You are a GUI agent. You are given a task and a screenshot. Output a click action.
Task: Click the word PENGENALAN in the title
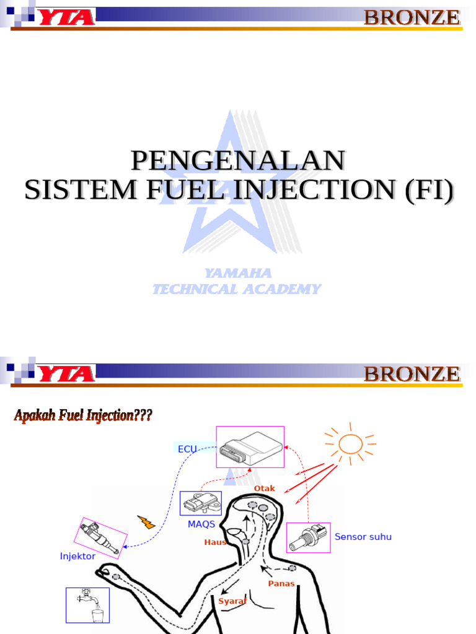[x=238, y=160]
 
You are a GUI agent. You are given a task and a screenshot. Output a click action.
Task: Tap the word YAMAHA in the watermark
[x=238, y=273]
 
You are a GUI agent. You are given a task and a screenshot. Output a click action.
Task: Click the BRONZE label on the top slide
[x=412, y=17]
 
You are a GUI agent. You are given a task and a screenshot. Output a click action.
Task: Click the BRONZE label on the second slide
[x=412, y=374]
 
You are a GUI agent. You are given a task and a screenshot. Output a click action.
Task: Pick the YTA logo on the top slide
[x=66, y=17]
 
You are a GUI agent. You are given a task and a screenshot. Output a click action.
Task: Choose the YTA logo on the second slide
[x=66, y=373]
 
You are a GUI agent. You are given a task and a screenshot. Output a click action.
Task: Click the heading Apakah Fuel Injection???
[x=83, y=415]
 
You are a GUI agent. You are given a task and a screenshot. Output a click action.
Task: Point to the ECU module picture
[x=250, y=447]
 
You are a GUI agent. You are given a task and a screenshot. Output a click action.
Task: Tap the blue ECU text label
[x=187, y=449]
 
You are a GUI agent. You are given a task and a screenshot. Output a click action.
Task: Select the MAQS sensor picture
[x=200, y=503]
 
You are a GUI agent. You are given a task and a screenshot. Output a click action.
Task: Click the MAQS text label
[x=201, y=524]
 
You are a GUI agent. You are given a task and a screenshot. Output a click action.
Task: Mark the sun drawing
[x=350, y=443]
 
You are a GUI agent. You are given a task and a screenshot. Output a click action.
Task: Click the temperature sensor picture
[x=308, y=537]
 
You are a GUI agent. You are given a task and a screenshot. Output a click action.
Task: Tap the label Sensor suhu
[x=363, y=537]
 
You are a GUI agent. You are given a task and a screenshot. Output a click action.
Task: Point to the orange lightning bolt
[x=146, y=522]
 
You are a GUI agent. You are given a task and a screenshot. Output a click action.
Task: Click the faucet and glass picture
[x=88, y=604]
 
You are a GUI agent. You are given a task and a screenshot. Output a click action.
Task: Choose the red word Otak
[x=264, y=489]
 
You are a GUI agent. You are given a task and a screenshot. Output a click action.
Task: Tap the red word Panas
[x=281, y=583]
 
